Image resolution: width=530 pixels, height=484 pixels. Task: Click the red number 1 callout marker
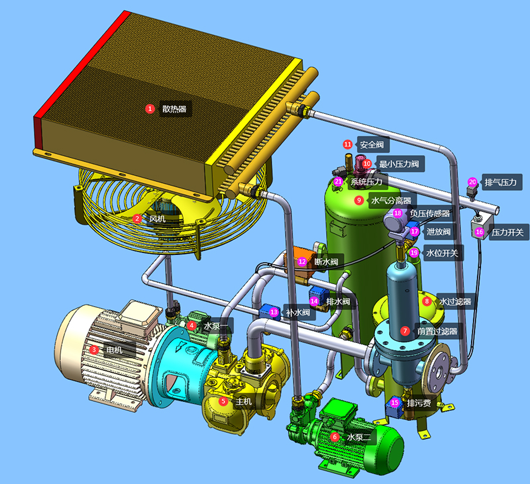150,109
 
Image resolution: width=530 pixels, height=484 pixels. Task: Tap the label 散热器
174,109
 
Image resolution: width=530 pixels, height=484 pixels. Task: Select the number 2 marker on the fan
137,219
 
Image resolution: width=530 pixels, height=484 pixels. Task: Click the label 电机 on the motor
114,350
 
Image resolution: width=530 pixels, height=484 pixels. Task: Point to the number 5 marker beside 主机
223,402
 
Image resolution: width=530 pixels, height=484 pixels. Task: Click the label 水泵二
359,438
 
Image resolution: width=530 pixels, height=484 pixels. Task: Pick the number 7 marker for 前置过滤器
405,331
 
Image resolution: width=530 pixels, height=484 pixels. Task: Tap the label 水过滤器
455,302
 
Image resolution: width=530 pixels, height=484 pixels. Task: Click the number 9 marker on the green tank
359,201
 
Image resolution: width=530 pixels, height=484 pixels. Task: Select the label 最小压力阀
399,164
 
